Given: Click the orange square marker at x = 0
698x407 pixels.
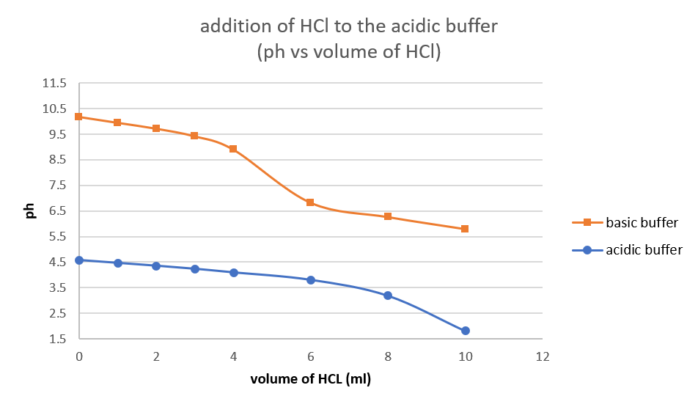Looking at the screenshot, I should (79, 117).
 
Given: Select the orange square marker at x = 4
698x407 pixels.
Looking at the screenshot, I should (233, 149).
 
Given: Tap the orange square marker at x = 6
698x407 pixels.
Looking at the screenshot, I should (310, 202).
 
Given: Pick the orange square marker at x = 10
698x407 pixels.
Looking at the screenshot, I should (465, 229).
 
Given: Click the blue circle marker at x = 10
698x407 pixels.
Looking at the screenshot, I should (465, 331).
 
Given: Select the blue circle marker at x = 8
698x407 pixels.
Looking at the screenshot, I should (388, 296).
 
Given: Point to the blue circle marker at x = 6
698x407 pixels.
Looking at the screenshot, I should (310, 280).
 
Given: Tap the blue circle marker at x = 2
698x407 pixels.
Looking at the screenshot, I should (156, 266).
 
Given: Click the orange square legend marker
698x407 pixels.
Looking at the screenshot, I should (587, 222).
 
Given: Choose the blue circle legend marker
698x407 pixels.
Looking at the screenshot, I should (587, 250).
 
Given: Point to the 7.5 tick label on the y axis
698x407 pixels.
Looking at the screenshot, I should (57, 186).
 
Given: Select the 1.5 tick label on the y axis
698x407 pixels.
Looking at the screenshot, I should (57, 339).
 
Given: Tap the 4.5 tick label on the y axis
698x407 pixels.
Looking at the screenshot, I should (57, 263).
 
